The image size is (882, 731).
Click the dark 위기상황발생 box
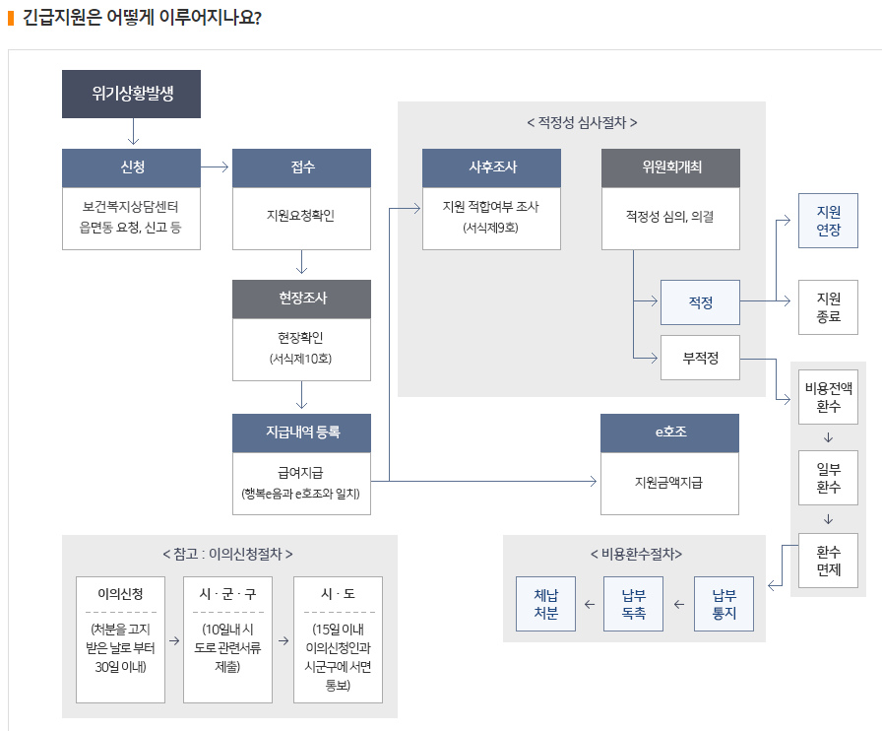coord(131,95)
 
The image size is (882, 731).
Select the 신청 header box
coord(131,167)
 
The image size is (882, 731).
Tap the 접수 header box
coord(301,167)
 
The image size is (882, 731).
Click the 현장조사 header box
coord(301,299)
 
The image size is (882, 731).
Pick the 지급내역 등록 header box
coord(301,432)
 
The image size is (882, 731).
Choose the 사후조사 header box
coord(491,167)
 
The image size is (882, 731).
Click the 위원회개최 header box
coord(669,167)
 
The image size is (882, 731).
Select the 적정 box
coord(700,302)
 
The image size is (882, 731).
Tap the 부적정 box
coord(700,359)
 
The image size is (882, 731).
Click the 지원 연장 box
coord(828,221)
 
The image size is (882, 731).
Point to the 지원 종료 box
coord(828,307)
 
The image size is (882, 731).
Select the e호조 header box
coord(669,432)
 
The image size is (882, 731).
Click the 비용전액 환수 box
coord(828,396)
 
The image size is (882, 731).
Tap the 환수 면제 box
coord(828,561)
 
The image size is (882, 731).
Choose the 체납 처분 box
coord(545,604)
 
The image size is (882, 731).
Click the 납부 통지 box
coord(724,604)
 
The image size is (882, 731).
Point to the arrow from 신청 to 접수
coord(216,168)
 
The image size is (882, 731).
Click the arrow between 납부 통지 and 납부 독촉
coord(678,604)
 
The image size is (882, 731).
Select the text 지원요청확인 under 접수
coord(301,215)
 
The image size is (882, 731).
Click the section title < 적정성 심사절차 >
coord(582,123)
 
